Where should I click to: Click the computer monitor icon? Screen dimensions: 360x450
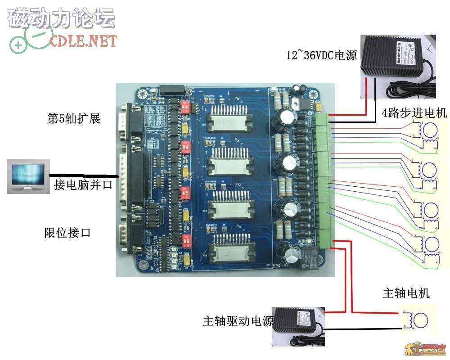28,178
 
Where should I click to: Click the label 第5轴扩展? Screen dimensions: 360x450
74,119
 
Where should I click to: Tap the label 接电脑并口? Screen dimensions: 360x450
83,184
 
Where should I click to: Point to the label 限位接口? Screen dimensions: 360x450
67,233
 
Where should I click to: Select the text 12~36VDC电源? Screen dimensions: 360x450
322,55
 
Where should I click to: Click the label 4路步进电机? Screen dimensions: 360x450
414,113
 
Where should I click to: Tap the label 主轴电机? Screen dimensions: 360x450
406,293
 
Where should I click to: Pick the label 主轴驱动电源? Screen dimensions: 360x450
238,321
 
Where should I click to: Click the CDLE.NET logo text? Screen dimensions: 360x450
83,41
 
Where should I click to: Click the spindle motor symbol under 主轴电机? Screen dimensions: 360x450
421,319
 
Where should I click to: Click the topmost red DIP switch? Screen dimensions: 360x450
184,107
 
